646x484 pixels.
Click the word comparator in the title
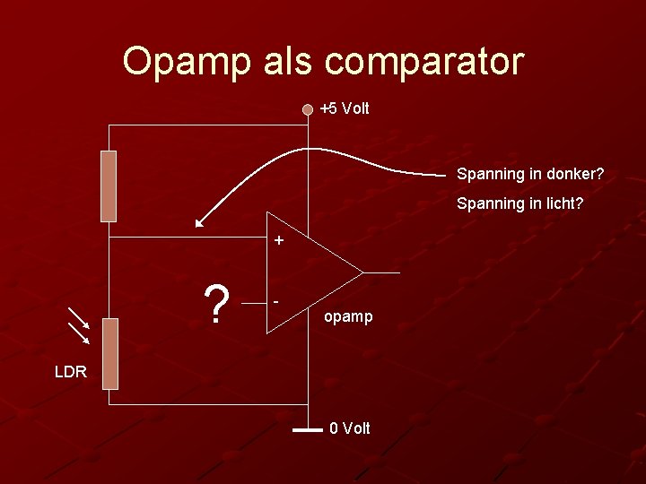tap(423, 62)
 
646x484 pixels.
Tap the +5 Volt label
tap(345, 108)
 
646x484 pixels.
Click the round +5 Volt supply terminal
tap(308, 109)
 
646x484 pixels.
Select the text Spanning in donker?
tap(530, 173)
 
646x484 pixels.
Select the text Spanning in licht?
tap(519, 203)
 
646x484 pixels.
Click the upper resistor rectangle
tap(109, 186)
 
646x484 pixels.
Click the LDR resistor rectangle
tap(109, 353)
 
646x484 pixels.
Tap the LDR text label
tap(70, 371)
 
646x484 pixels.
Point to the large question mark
tap(215, 305)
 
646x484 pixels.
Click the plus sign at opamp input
tap(279, 240)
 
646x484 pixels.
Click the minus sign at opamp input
tap(276, 301)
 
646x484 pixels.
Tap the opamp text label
tap(348, 316)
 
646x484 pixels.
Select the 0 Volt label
tap(349, 428)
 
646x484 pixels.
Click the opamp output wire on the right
tap(382, 272)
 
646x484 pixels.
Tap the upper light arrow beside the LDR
tap(78, 318)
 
